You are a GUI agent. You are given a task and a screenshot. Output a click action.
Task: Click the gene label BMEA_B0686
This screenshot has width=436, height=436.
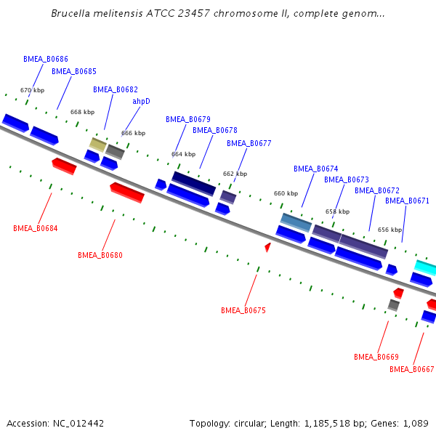tap(46, 59)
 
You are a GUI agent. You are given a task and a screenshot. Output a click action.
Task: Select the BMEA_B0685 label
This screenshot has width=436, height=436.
tap(74, 71)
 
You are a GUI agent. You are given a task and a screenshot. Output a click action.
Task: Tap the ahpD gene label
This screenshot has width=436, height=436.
tap(141, 101)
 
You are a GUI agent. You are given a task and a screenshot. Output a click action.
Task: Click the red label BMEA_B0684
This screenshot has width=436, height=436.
tap(36, 228)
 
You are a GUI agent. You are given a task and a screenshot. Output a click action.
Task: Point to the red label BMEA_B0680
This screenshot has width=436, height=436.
tap(100, 255)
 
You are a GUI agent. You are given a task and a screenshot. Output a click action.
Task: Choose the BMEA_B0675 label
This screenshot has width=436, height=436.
tap(243, 310)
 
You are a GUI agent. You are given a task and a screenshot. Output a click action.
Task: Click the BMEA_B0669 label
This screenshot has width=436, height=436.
tap(376, 357)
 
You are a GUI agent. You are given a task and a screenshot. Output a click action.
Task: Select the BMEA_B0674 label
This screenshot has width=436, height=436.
tap(316, 169)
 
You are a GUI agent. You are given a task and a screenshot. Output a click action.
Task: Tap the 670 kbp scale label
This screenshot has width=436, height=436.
tap(32, 90)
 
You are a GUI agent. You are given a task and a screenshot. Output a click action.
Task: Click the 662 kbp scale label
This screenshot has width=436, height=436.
tap(235, 174)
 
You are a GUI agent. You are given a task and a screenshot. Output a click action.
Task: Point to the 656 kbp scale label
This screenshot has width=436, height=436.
tap(389, 230)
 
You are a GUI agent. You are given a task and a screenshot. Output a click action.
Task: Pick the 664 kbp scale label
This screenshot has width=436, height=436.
tap(183, 154)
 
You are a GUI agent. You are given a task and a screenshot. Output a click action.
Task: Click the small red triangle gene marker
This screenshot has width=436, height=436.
tap(267, 248)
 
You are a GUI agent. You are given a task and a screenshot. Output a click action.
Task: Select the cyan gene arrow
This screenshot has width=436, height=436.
tap(425, 267)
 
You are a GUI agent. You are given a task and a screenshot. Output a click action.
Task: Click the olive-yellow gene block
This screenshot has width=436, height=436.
tap(97, 143)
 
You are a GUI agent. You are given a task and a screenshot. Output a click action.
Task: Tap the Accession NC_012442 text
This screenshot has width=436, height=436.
tap(55, 423)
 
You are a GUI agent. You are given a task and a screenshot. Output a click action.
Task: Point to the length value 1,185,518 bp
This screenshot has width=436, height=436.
tap(326, 423)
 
